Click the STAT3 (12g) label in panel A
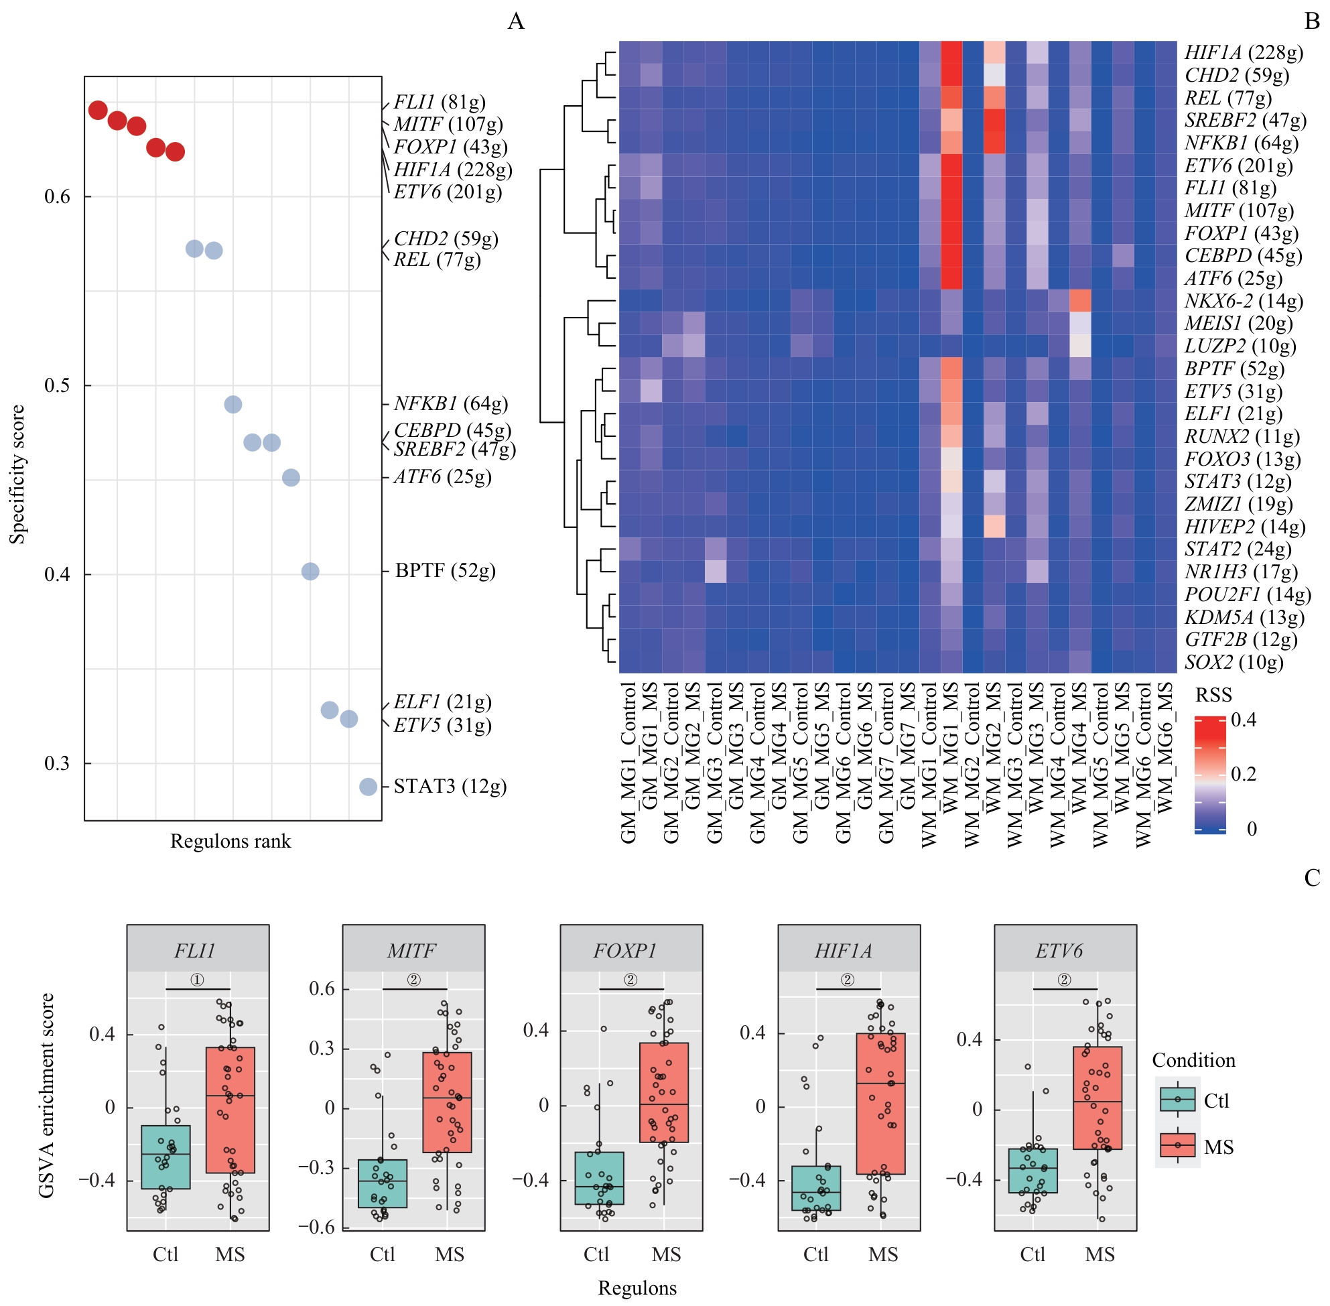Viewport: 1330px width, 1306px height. click(x=450, y=786)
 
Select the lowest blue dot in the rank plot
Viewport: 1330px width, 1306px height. click(x=368, y=787)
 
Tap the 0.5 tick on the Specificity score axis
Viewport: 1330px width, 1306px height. click(x=58, y=385)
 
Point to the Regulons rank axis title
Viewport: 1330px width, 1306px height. click(x=230, y=842)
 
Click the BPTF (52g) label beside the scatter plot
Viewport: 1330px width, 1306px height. click(x=445, y=571)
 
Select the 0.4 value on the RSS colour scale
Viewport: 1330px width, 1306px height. click(x=1244, y=720)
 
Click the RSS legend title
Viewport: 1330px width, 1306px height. click(x=1213, y=696)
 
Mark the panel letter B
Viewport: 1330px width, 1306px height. click(x=1311, y=22)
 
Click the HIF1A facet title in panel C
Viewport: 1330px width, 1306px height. click(x=843, y=951)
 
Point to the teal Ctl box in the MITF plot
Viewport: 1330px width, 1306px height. click(x=382, y=1183)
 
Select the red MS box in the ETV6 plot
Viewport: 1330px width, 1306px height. click(x=1098, y=1098)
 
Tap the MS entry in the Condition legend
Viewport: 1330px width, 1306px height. click(x=1218, y=1147)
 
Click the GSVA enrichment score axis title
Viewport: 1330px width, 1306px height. click(x=46, y=1096)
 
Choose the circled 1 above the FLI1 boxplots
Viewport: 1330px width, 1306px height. click(x=197, y=980)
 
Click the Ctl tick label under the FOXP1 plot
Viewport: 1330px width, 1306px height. click(x=596, y=1254)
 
